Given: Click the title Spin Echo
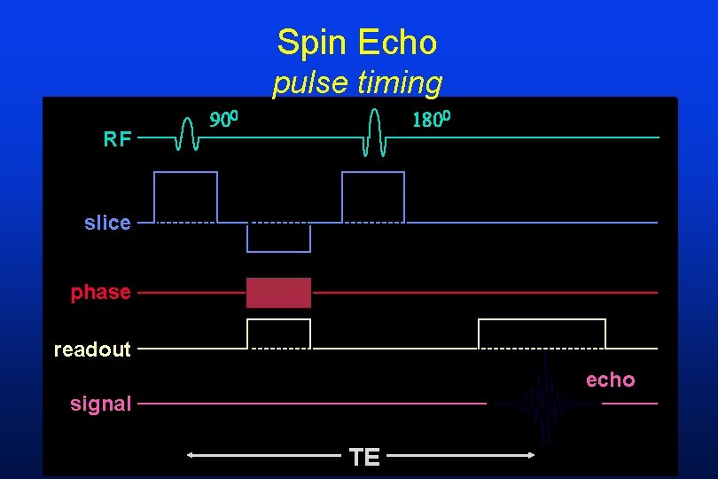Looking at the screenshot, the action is (356, 42).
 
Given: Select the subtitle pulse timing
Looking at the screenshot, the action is (356, 82).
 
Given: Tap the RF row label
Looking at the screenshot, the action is (117, 138).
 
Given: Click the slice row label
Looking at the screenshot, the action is (107, 223).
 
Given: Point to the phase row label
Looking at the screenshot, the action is (100, 292).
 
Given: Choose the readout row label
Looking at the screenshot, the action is (92, 349).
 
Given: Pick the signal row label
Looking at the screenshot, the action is (100, 404).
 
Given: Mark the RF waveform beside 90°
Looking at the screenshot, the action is (186, 134).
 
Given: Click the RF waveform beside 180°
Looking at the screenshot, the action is (374, 133).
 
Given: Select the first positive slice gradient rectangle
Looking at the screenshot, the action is (185, 196).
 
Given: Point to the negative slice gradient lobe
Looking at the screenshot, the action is (278, 238).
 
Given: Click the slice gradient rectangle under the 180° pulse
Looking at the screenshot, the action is (373, 196).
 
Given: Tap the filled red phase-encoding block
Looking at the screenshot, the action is (278, 293).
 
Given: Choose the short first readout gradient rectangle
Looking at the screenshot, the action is (278, 334).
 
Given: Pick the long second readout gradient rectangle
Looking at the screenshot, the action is (542, 334).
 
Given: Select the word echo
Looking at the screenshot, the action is (610, 380).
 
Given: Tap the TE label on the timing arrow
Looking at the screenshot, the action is (364, 457).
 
